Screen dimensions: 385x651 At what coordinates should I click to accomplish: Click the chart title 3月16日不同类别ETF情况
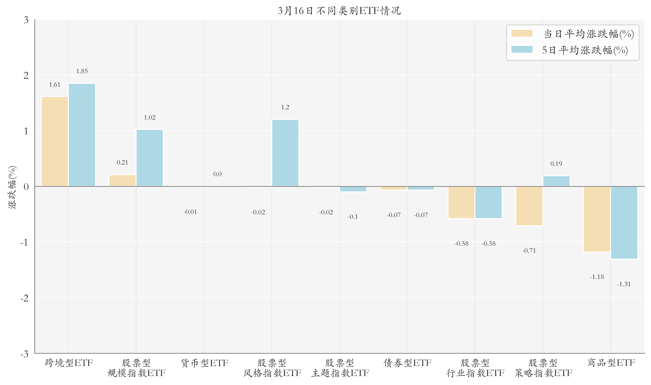(339, 11)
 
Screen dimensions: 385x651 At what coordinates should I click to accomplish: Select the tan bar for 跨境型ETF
(55, 141)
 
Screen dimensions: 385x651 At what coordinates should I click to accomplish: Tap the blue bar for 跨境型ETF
(82, 135)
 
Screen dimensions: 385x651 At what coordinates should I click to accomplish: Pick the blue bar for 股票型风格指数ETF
(285, 153)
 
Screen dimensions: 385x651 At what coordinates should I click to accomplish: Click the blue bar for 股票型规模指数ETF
(150, 158)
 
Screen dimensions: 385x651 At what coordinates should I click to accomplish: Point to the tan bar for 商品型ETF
(597, 219)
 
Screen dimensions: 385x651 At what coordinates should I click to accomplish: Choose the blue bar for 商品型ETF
(624, 222)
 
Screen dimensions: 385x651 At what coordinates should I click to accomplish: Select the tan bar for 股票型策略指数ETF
(529, 206)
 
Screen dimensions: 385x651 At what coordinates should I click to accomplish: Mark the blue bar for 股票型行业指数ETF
(488, 202)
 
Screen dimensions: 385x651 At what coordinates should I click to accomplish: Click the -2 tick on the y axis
(24, 298)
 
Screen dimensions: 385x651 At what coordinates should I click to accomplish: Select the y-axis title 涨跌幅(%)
(12, 187)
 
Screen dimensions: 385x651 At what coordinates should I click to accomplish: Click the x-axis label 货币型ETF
(204, 363)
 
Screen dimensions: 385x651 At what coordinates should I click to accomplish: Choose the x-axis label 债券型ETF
(407, 363)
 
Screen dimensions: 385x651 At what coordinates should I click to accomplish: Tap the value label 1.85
(82, 71)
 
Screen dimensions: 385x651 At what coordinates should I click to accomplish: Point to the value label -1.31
(624, 284)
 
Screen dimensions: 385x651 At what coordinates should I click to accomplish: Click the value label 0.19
(556, 164)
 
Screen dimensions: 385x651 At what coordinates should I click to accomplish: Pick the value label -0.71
(529, 251)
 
